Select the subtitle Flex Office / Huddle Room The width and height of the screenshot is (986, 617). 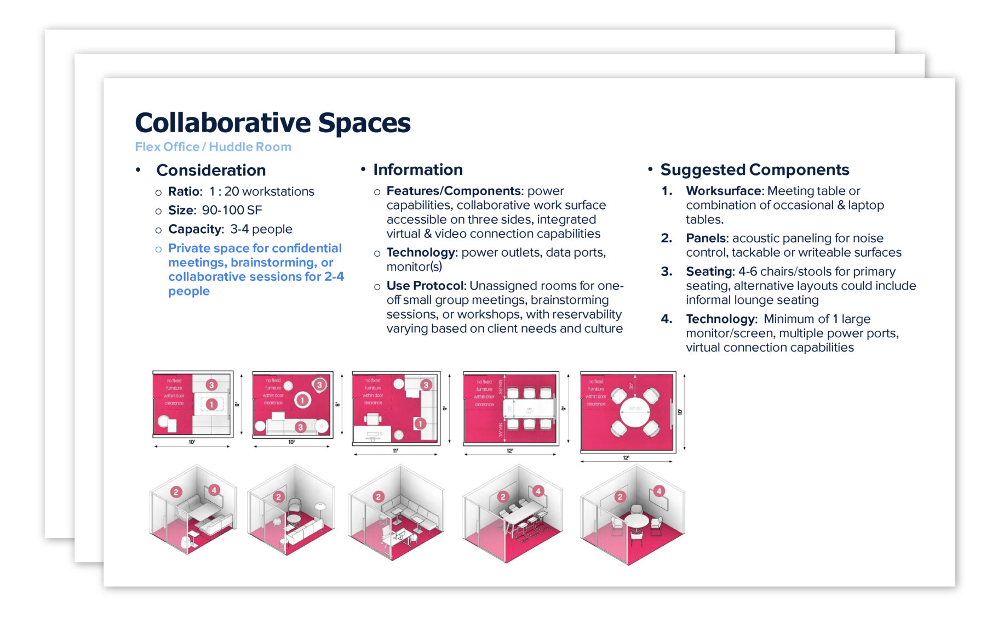(x=213, y=147)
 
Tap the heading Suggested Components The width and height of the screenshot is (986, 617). (x=754, y=170)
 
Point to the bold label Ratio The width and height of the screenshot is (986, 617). (x=184, y=192)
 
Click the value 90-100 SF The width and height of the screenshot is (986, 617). (x=232, y=211)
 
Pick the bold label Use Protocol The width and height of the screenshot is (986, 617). (x=425, y=286)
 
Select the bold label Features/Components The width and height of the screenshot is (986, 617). (x=454, y=191)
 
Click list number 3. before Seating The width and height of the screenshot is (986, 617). (x=666, y=271)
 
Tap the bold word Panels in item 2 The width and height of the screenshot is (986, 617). (x=706, y=239)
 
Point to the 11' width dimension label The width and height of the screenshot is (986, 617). (x=395, y=451)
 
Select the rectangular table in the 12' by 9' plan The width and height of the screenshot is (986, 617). (x=529, y=409)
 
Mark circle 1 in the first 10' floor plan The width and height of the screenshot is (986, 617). (x=211, y=405)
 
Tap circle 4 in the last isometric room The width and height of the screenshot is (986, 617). (x=659, y=491)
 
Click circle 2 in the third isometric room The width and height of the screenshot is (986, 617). (x=378, y=497)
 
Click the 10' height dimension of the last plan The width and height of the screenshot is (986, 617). (x=680, y=412)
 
